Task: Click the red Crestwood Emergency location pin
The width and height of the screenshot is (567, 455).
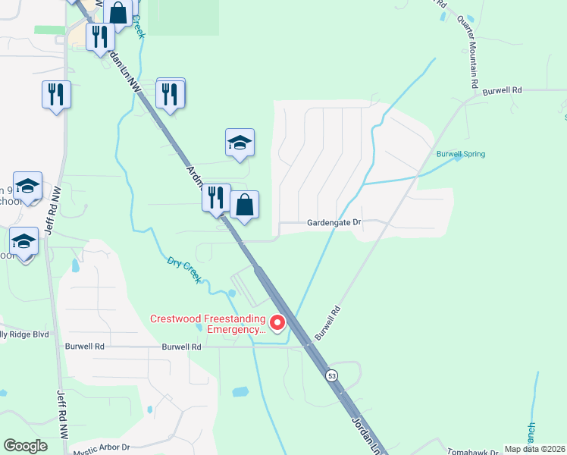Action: tap(277, 324)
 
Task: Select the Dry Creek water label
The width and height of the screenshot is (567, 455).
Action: tap(184, 270)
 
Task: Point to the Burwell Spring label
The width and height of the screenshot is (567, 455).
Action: tap(460, 154)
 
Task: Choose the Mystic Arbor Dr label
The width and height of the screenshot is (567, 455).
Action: tap(102, 449)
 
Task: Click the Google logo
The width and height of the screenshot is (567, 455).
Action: tap(25, 446)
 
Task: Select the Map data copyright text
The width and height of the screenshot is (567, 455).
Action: tap(534, 449)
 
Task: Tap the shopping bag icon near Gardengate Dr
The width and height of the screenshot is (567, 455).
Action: tap(245, 205)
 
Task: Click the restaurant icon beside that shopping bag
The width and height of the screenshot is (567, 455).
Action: tap(216, 197)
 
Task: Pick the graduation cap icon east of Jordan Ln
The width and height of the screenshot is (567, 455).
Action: tap(240, 143)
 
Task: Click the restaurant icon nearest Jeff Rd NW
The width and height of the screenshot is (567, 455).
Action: tap(56, 94)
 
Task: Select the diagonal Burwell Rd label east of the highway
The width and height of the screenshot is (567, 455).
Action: tap(325, 323)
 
